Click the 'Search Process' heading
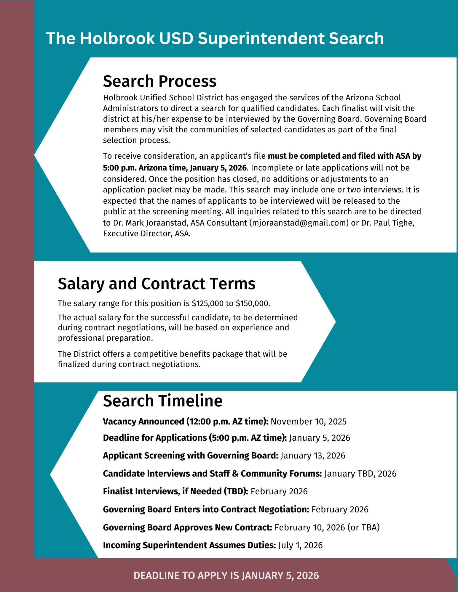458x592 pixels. [x=159, y=81]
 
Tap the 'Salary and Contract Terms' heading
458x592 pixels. [x=157, y=284]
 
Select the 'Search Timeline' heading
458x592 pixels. [x=162, y=401]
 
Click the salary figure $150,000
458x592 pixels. [x=252, y=303]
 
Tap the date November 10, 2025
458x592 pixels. [x=308, y=422]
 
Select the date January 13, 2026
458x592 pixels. [x=313, y=456]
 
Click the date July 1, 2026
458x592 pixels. [x=300, y=545]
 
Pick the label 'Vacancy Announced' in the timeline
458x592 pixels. [x=143, y=422]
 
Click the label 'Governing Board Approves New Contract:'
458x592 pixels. [x=187, y=527]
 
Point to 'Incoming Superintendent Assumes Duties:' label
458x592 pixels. [x=189, y=545]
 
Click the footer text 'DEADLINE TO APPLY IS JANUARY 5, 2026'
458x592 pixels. [x=226, y=575]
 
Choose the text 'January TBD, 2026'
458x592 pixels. [x=360, y=474]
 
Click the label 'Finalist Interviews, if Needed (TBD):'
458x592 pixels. [x=175, y=491]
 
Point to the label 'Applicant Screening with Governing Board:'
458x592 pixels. [x=190, y=456]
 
